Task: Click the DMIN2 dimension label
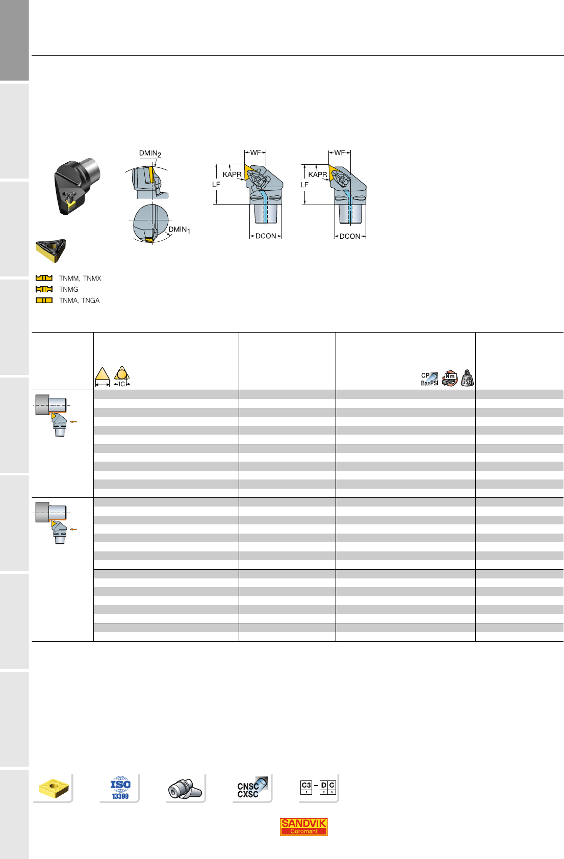point(150,154)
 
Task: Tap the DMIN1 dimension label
point(180,230)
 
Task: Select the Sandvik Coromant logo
point(303,827)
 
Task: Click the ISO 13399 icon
point(120,788)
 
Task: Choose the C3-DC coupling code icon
point(318,787)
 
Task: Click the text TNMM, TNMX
point(80,279)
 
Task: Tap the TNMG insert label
point(69,290)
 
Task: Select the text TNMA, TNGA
point(80,300)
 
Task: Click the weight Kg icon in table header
point(467,378)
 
